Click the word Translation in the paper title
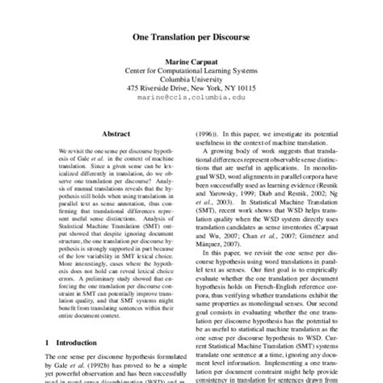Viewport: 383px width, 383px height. [x=170, y=37]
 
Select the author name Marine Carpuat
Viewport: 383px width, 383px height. [x=191, y=61]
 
